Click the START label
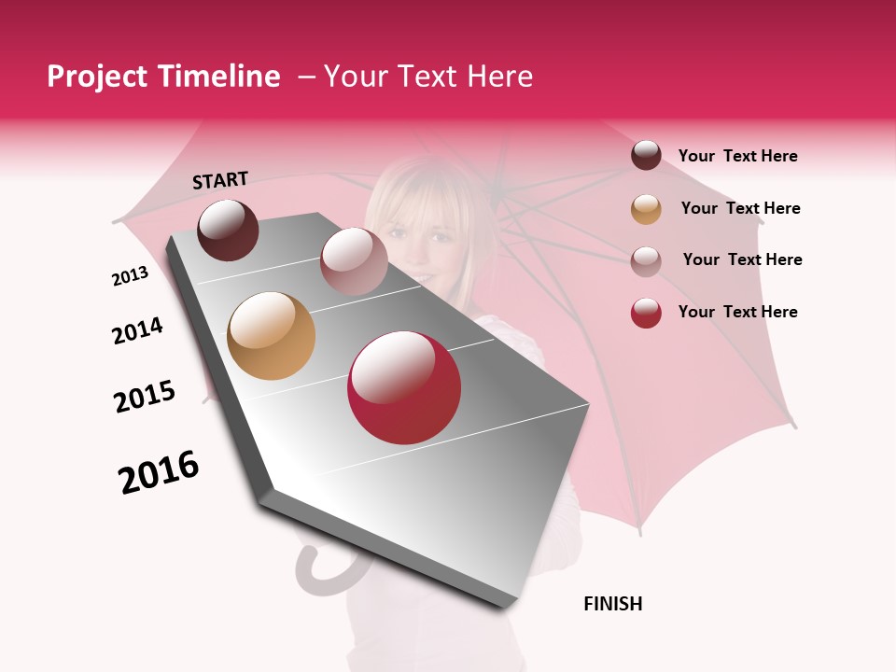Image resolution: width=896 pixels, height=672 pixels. coord(220,180)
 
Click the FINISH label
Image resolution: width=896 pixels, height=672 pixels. coord(613,604)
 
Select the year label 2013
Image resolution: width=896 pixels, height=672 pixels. coord(130,276)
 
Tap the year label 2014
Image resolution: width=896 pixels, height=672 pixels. coord(137,330)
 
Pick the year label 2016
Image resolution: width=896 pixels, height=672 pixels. coord(159,472)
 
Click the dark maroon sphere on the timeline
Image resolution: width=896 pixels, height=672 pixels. coord(228,230)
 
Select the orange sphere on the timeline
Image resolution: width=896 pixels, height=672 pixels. coord(271,336)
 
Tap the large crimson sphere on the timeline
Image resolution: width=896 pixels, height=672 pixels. coord(404,387)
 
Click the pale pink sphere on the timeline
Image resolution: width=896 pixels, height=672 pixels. coord(354,261)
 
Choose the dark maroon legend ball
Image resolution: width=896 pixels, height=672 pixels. coord(646,155)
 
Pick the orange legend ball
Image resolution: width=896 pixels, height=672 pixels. coord(646,209)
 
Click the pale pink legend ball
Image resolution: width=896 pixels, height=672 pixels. coord(646,260)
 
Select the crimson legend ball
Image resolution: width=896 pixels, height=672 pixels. coord(646,313)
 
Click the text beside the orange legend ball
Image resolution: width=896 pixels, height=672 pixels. coord(740,208)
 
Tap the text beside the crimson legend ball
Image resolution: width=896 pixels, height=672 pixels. coord(737,312)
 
